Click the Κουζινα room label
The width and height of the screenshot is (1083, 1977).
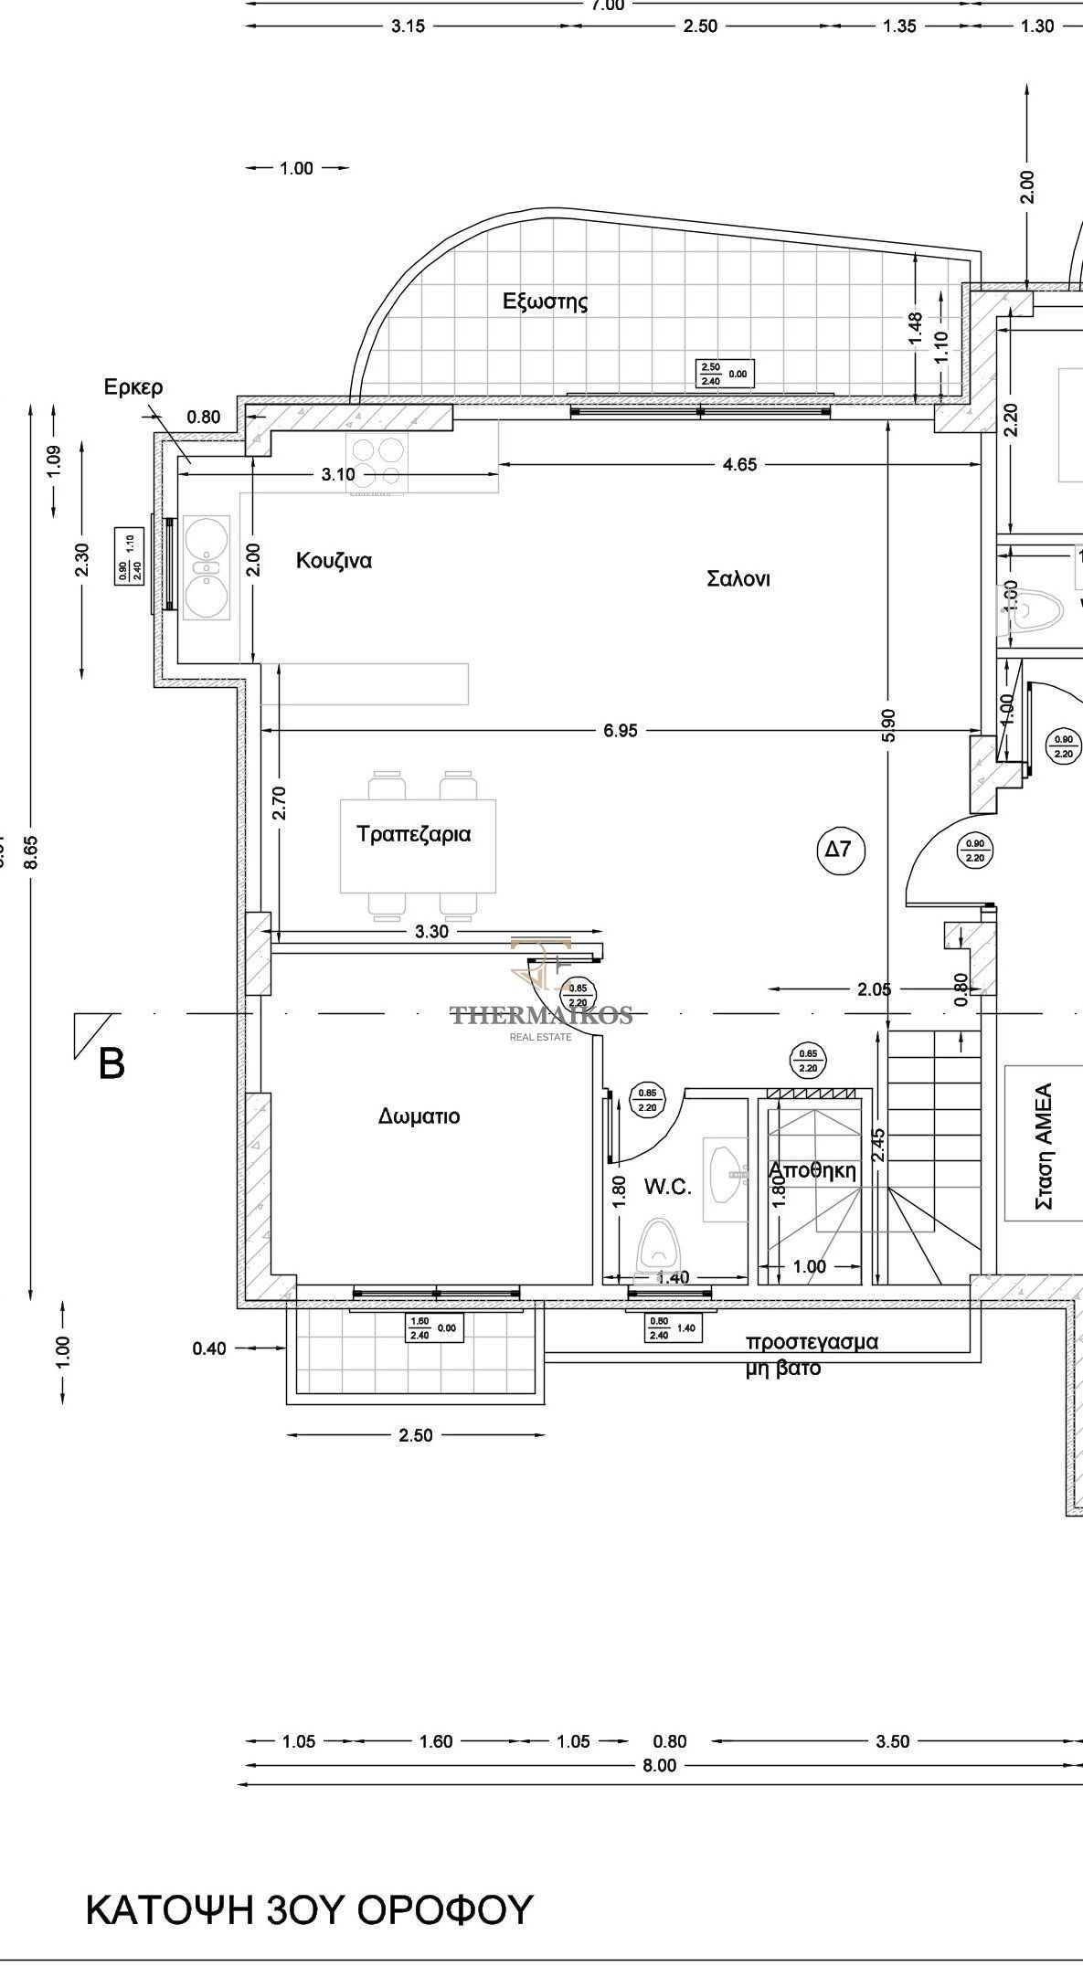pyautogui.click(x=334, y=561)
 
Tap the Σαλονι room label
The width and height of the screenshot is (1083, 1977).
pyautogui.click(x=738, y=579)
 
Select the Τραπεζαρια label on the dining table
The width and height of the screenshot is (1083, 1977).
pyautogui.click(x=414, y=834)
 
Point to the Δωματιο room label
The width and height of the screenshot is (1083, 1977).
pyautogui.click(x=419, y=1116)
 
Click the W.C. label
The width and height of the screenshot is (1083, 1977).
pyautogui.click(x=667, y=1187)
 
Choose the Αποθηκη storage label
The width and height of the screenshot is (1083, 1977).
pyautogui.click(x=812, y=1170)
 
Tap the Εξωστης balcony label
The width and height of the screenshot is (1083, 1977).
pyautogui.click(x=546, y=301)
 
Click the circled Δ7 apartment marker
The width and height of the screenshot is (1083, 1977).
pyautogui.click(x=839, y=850)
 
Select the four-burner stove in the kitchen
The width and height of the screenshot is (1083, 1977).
pyautogui.click(x=376, y=463)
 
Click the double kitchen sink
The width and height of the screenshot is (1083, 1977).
pyautogui.click(x=207, y=567)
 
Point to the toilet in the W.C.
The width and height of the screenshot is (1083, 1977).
pyautogui.click(x=656, y=1245)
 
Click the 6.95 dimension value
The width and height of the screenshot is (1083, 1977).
pyautogui.click(x=621, y=730)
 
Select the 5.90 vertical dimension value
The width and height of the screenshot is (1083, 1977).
pyautogui.click(x=889, y=724)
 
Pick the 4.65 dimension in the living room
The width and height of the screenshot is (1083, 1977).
pyautogui.click(x=739, y=464)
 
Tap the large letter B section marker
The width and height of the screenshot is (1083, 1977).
pyautogui.click(x=111, y=1063)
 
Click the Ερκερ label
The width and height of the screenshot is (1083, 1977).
pyautogui.click(x=133, y=387)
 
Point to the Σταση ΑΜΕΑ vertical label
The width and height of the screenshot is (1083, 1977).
pyautogui.click(x=1044, y=1147)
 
